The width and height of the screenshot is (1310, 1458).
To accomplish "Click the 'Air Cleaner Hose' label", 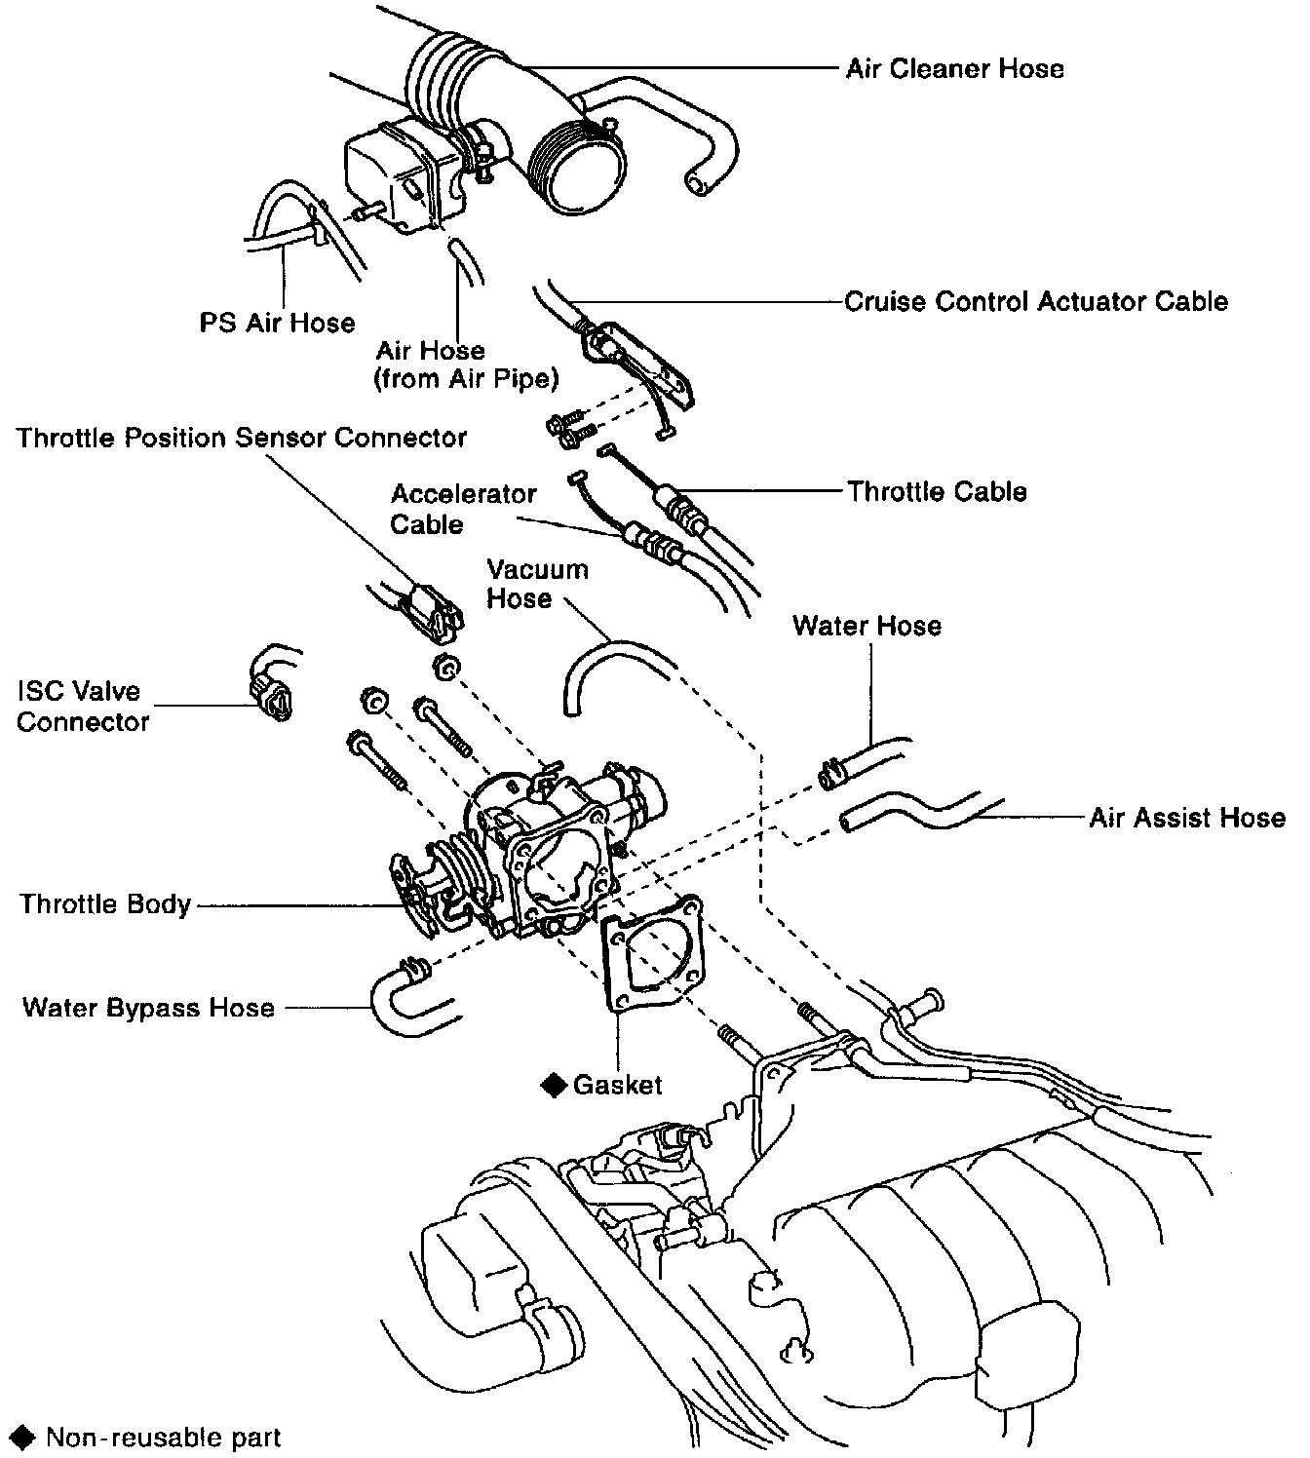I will click(954, 69).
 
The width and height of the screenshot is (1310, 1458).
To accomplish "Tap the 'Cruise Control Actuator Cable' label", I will click(1035, 301).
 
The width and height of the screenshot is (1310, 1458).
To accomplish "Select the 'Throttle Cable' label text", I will click(936, 491).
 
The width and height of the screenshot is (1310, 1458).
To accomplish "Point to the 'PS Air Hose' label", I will click(278, 323).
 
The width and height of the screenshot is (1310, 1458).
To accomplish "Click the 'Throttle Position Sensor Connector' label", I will click(242, 439).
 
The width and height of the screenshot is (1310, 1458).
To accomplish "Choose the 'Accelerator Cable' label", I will click(463, 509).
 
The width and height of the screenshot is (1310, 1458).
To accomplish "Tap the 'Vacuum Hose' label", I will click(537, 584).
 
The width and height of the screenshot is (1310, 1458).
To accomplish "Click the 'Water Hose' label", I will click(867, 626).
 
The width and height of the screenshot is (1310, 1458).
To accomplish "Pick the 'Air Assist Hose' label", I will click(1186, 818).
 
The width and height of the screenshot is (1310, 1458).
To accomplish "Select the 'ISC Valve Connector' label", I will click(82, 707).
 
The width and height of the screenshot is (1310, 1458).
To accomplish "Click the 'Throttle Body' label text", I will click(105, 904).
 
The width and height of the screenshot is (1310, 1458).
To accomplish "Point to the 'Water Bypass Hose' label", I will click(148, 1007).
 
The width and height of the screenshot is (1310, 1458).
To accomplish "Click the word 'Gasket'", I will click(618, 1085).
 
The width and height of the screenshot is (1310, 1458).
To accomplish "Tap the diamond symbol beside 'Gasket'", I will click(555, 1085).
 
